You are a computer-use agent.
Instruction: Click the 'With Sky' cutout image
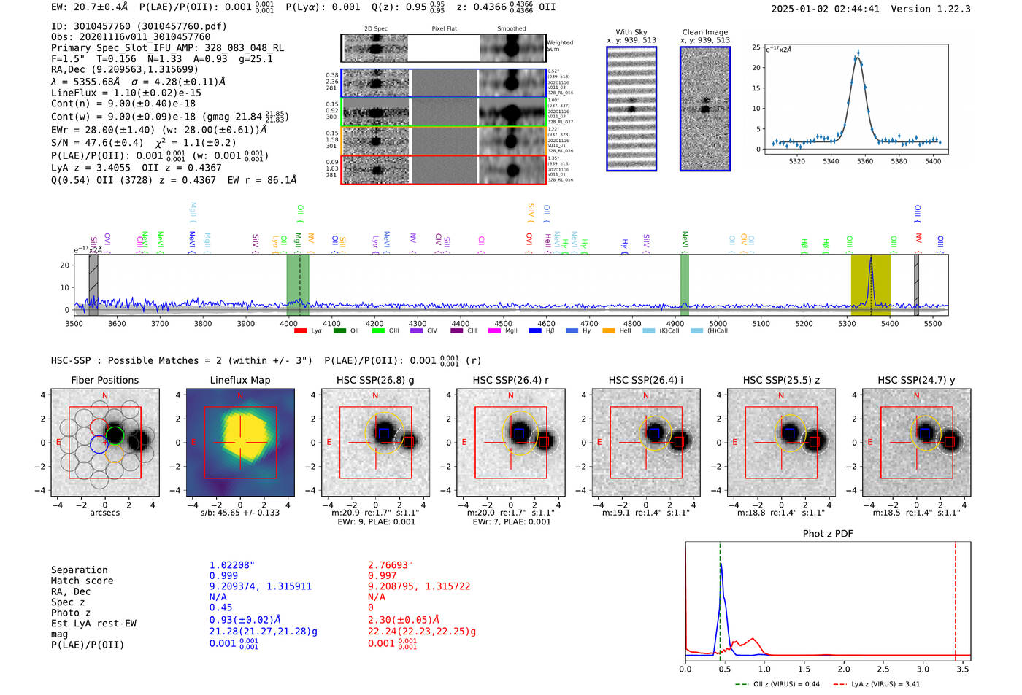(631, 109)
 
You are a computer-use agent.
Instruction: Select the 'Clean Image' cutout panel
(705, 109)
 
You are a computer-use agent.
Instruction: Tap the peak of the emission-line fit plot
(858, 55)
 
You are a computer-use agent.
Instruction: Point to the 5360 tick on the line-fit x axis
(865, 161)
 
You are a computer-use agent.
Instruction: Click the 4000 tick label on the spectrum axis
(289, 324)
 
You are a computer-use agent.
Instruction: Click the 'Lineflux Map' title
(239, 380)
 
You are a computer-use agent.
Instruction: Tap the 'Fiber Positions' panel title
(104, 380)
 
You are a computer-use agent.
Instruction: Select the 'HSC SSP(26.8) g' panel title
(375, 380)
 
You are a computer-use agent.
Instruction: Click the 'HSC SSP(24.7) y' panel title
(916, 380)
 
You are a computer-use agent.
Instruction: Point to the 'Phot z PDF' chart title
(828, 534)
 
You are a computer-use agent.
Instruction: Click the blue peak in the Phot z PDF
(721, 564)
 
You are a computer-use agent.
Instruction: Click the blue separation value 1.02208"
(232, 565)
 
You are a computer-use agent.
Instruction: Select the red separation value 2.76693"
(391, 565)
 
